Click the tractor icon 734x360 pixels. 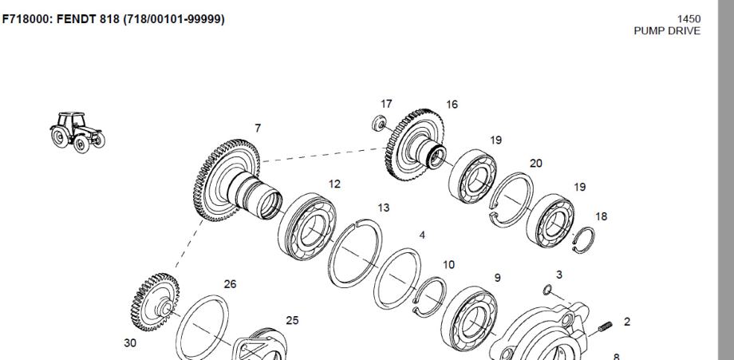(x=77, y=132)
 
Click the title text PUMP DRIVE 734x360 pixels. (x=667, y=31)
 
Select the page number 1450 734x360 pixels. (x=689, y=18)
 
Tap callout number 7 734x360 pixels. (x=258, y=128)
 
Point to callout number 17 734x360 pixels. (x=386, y=104)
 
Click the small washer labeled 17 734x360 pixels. (x=379, y=123)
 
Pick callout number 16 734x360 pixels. (x=452, y=105)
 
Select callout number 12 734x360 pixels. (x=334, y=184)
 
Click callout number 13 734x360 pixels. (x=384, y=208)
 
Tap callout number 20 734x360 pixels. (x=536, y=164)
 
